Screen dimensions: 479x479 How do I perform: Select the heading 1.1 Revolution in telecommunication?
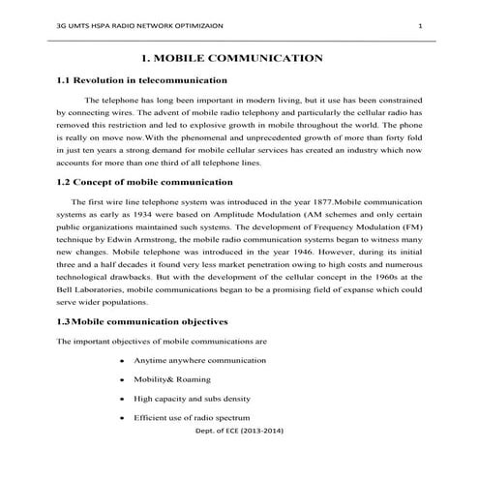[x=142, y=80]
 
